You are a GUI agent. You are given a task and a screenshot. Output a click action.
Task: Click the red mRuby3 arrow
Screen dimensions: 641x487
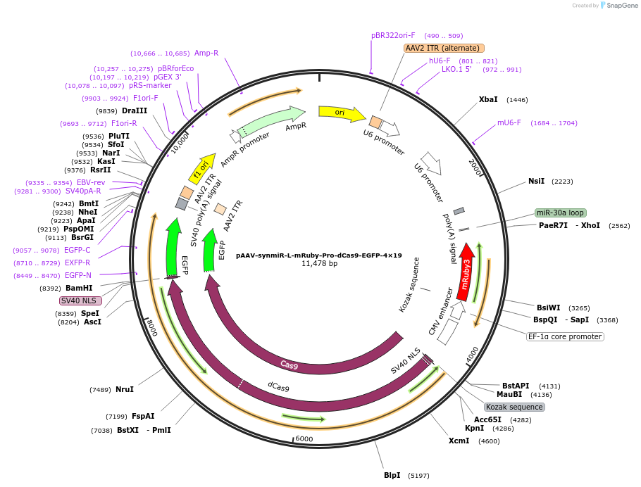pyautogui.click(x=466, y=272)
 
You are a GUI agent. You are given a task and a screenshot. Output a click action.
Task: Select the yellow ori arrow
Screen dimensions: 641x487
pyautogui.click(x=342, y=113)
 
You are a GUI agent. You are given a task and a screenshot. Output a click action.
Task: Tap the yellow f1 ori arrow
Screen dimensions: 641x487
pyautogui.click(x=202, y=169)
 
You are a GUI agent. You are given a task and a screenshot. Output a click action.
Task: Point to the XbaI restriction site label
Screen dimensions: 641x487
pyautogui.click(x=488, y=99)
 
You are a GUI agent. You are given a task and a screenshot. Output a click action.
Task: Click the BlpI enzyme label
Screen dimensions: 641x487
pyautogui.click(x=392, y=475)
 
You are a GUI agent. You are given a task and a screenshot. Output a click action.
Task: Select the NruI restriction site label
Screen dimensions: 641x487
pyautogui.click(x=125, y=389)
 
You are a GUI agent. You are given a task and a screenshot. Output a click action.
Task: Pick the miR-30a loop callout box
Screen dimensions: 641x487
pyautogui.click(x=561, y=213)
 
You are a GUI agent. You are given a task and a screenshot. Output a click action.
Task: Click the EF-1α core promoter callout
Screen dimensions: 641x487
pyautogui.click(x=565, y=336)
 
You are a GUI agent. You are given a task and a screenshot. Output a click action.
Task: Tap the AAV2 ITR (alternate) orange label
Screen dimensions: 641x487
pyautogui.click(x=444, y=49)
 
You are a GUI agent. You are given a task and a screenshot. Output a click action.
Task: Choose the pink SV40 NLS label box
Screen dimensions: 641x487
pyautogui.click(x=80, y=301)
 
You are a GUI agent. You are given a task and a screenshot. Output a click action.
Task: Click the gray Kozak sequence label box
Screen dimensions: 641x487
pyautogui.click(x=514, y=407)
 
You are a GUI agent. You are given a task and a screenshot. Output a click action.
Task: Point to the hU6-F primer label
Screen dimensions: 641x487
pyautogui.click(x=440, y=61)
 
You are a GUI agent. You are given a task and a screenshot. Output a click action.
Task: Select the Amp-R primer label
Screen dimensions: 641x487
pyautogui.click(x=206, y=53)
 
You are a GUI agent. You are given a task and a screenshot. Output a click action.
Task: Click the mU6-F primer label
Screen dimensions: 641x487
pyautogui.click(x=509, y=122)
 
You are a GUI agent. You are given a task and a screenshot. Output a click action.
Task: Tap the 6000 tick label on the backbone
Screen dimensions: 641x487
pyautogui.click(x=304, y=438)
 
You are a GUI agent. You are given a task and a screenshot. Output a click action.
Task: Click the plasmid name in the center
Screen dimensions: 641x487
pyautogui.click(x=319, y=255)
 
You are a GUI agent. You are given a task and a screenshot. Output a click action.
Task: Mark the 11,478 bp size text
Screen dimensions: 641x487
pyautogui.click(x=320, y=263)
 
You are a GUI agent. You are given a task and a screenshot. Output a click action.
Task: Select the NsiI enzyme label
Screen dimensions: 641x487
pyautogui.click(x=536, y=181)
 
